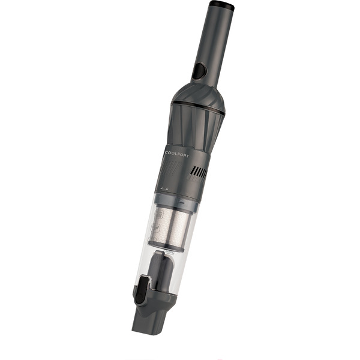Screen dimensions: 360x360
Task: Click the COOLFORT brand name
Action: [x=176, y=154]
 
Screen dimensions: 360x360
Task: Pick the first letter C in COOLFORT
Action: [x=166, y=153]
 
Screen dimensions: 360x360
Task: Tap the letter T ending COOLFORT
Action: [x=187, y=155]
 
